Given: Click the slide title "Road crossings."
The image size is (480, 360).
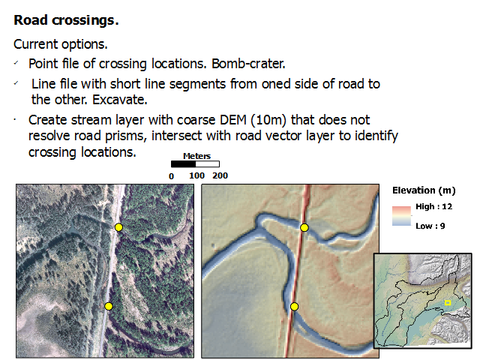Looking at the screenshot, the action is tap(66, 21).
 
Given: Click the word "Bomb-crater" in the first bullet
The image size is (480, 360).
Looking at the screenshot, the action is tap(248, 64).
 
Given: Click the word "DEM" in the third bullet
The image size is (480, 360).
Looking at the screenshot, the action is tap(233, 120).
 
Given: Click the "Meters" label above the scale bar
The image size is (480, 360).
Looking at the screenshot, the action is tap(196, 156).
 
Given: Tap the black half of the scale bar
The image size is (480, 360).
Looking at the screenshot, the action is tap(183, 164).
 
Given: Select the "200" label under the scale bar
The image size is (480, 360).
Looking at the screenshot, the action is tap(220, 175).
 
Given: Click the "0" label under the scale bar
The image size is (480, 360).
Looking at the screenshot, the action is tap(172, 176).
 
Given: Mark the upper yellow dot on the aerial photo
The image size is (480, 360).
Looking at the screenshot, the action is tap(118, 227).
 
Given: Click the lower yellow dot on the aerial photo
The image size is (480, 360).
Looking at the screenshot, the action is tap(109, 306).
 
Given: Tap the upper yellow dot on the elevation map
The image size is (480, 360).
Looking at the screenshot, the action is tap(304, 227).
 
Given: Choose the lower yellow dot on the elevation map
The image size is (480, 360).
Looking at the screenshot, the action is tap(294, 307).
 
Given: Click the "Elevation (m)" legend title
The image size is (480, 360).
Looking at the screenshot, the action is tap(424, 190).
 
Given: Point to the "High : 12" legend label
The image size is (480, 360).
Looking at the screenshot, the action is tap(433, 207).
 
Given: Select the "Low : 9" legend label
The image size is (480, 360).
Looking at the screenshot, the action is tap(430, 226).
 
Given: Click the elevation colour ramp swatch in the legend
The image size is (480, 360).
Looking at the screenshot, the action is tap(402, 216).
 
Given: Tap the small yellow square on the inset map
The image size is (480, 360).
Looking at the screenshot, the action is tap(448, 303).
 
